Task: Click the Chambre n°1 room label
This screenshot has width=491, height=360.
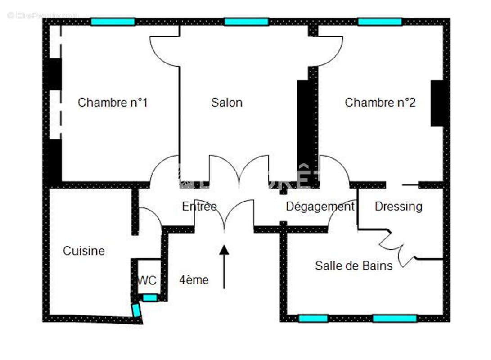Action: (113, 103)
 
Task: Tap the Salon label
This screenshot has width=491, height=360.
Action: (227, 103)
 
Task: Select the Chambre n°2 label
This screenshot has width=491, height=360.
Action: (380, 103)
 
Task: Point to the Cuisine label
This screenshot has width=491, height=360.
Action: (84, 251)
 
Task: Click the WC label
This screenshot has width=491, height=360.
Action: (147, 280)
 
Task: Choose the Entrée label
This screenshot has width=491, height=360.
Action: (199, 207)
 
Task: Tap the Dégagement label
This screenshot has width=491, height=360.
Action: (320, 207)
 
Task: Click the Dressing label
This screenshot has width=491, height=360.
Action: (398, 207)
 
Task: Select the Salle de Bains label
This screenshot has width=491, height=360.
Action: (354, 265)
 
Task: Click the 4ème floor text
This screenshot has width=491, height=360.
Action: (194, 280)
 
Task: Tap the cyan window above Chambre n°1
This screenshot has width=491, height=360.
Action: (113, 22)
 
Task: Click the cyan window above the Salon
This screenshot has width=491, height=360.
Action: (246, 22)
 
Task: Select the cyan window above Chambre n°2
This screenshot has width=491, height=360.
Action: (379, 22)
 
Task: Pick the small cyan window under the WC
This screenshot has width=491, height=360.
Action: (150, 297)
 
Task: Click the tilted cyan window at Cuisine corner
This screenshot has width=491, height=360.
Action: (136, 310)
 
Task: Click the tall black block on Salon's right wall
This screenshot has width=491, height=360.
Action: (304, 130)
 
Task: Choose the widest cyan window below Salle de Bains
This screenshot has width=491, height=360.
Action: (395, 319)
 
